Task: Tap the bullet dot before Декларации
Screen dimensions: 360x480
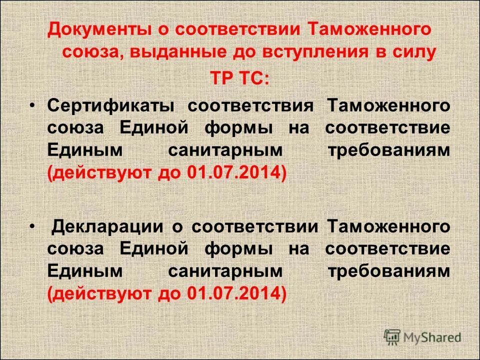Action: pos(32,226)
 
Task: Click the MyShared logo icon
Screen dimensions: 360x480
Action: pos(393,336)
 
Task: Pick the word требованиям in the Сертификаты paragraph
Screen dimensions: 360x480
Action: pos(388,150)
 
